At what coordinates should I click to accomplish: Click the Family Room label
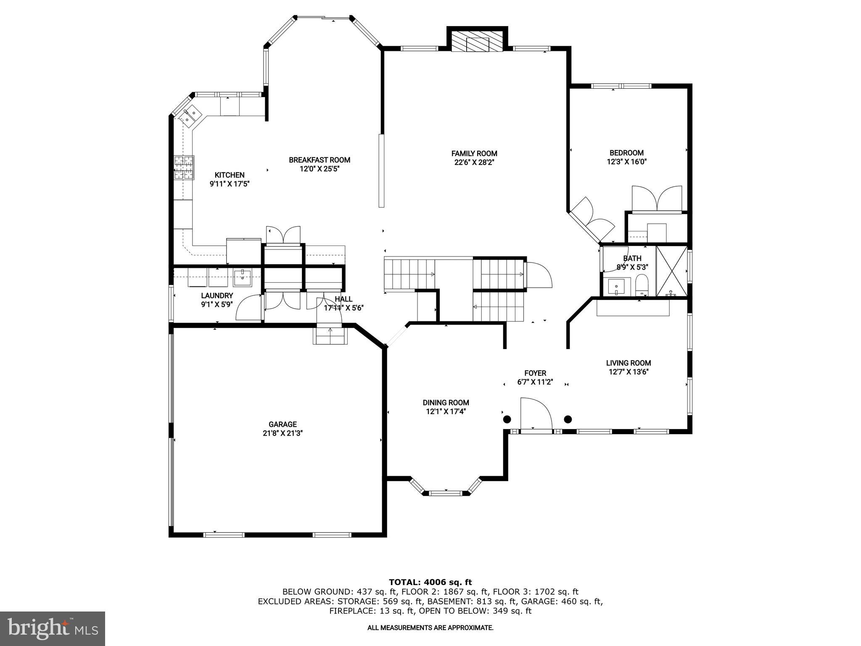click(474, 154)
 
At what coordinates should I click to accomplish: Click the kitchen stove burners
click(184, 167)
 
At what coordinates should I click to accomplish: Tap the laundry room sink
click(242, 276)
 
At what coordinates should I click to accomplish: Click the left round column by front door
click(507, 419)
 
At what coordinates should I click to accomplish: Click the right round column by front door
click(568, 419)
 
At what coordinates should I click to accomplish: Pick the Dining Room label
click(446, 402)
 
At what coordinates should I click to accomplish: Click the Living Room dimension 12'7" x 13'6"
click(628, 372)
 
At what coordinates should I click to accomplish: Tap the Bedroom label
click(626, 153)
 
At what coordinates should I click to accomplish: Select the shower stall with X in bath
click(671, 271)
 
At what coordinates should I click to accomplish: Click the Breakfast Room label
click(319, 160)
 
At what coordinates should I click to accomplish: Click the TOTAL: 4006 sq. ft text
click(430, 582)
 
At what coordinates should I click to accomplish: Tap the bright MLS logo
click(52, 628)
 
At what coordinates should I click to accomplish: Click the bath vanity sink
click(617, 287)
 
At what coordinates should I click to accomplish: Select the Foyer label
click(535, 373)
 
